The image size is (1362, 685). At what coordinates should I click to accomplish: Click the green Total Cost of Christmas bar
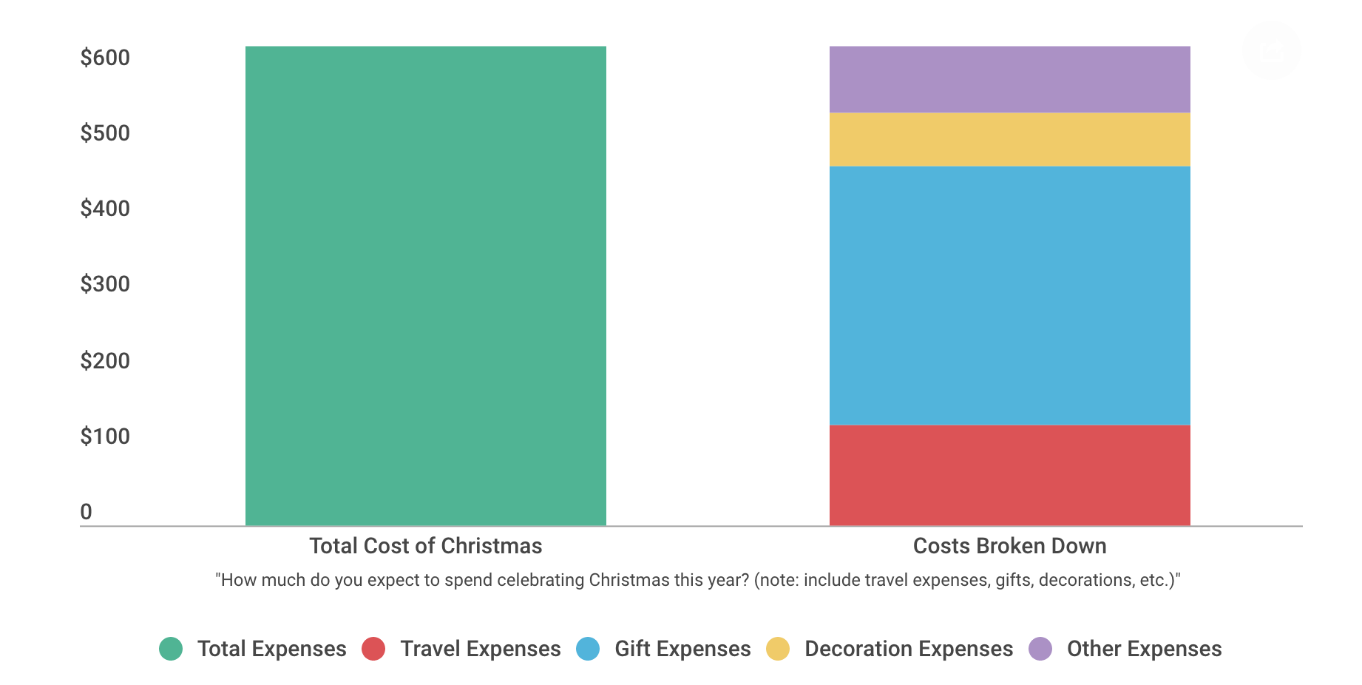(x=425, y=286)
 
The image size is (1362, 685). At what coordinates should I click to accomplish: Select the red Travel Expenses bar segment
(x=1009, y=475)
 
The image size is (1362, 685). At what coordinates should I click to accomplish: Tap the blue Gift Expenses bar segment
(x=1009, y=295)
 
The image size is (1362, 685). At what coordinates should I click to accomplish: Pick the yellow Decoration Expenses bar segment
(x=1009, y=139)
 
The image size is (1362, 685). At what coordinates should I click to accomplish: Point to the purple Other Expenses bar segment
(x=1009, y=79)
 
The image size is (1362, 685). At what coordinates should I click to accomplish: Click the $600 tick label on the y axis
(x=105, y=58)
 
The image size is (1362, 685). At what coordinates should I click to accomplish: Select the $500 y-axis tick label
(x=105, y=133)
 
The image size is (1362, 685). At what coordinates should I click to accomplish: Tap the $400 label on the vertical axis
(x=105, y=209)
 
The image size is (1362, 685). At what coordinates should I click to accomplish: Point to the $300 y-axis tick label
(x=105, y=284)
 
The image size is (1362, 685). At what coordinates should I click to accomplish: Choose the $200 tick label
(x=105, y=361)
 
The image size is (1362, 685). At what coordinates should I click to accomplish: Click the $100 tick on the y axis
(x=105, y=436)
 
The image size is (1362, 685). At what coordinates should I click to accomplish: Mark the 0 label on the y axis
(x=87, y=512)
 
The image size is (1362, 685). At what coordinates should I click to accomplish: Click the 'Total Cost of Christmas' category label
(x=425, y=546)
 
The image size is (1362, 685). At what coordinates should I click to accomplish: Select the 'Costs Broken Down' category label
(x=1009, y=546)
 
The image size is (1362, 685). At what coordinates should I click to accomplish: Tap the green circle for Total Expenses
(x=171, y=649)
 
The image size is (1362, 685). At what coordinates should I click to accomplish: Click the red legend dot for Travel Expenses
(x=373, y=649)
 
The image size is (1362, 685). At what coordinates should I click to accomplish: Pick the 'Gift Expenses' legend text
(x=682, y=649)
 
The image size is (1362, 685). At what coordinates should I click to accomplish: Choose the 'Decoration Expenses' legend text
(x=909, y=649)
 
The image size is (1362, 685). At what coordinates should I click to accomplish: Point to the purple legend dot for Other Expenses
(x=1040, y=649)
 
